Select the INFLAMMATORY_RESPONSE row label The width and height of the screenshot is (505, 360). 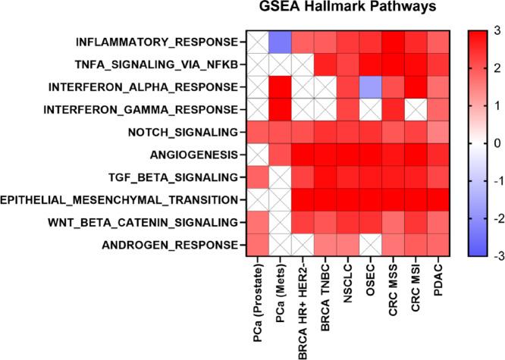pyautogui.click(x=158, y=41)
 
